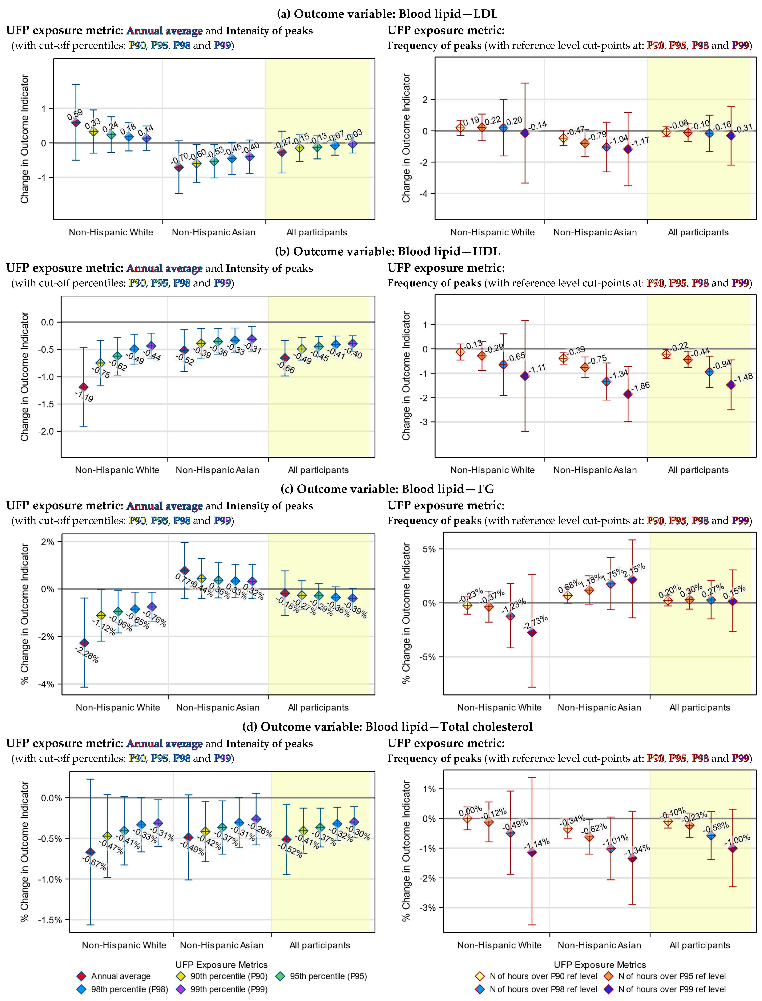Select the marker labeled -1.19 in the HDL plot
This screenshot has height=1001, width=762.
point(83,387)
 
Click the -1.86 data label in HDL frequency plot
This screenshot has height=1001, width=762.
point(641,387)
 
